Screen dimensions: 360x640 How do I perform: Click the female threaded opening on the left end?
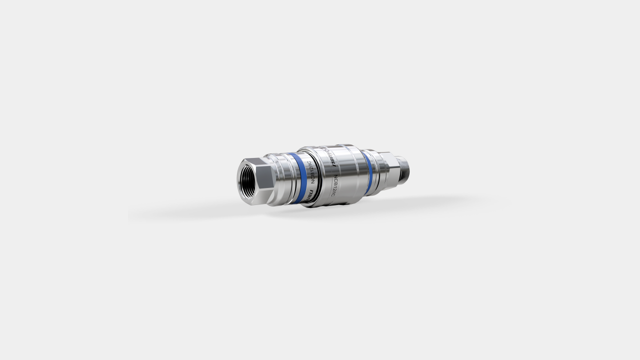248,180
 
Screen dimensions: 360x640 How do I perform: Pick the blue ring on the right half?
367,173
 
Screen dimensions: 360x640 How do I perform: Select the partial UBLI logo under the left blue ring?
307,198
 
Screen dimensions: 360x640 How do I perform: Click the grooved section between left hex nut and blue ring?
282,177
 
